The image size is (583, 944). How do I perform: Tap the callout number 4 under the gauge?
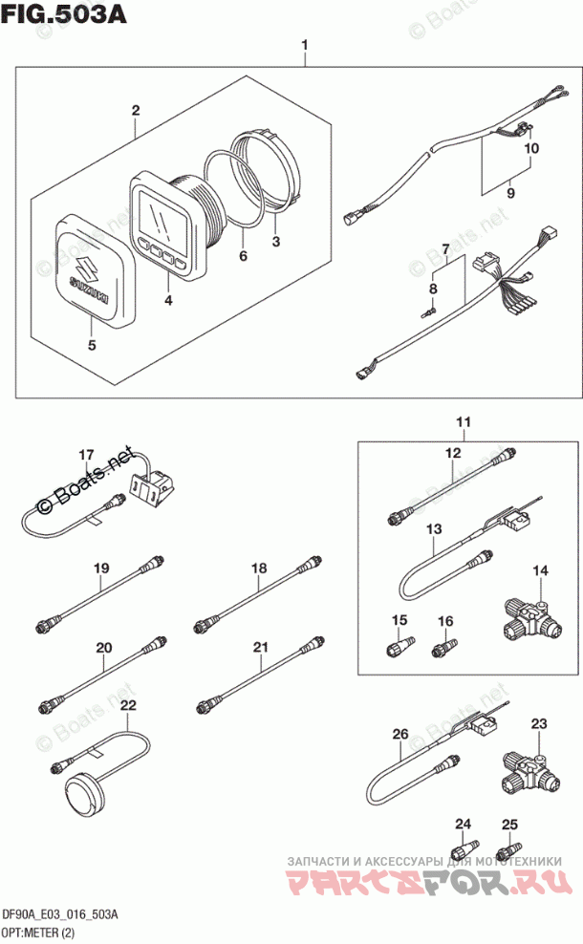(x=168, y=301)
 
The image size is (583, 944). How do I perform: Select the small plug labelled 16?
(x=443, y=650)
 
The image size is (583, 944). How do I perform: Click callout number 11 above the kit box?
(x=464, y=422)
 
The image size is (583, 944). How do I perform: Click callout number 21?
(x=259, y=649)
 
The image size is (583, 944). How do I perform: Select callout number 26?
(x=399, y=734)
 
